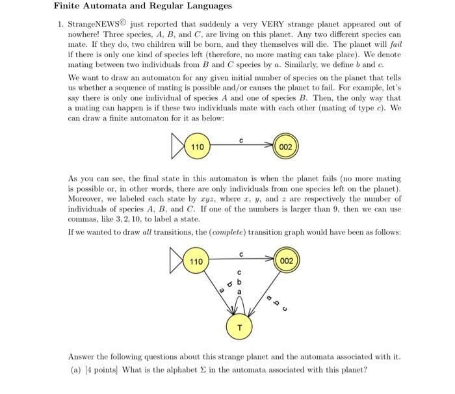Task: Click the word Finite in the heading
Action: (68, 6)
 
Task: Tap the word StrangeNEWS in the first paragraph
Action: (96, 24)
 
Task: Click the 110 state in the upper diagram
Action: (197, 147)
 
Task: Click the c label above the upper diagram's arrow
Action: (241, 139)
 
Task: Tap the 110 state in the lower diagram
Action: (197, 261)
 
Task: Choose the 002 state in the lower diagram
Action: (286, 261)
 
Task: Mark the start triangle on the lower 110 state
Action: (177, 261)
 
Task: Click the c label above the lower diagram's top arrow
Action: (241, 254)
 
